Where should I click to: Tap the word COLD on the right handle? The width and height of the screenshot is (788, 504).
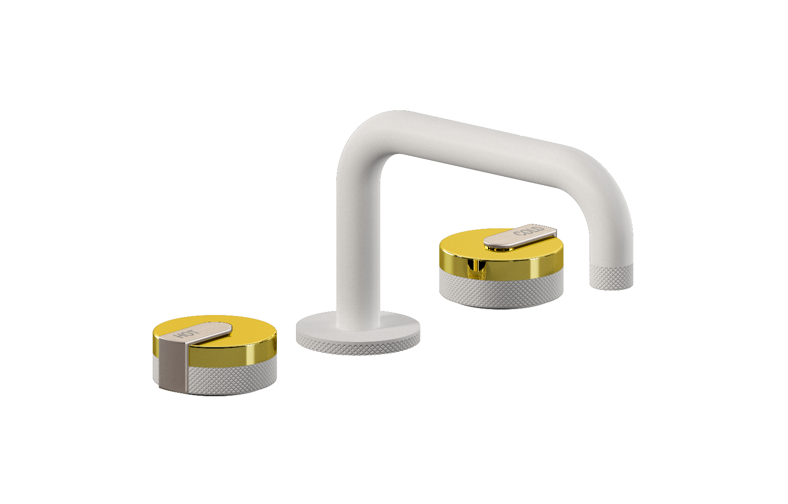point(528,231)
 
